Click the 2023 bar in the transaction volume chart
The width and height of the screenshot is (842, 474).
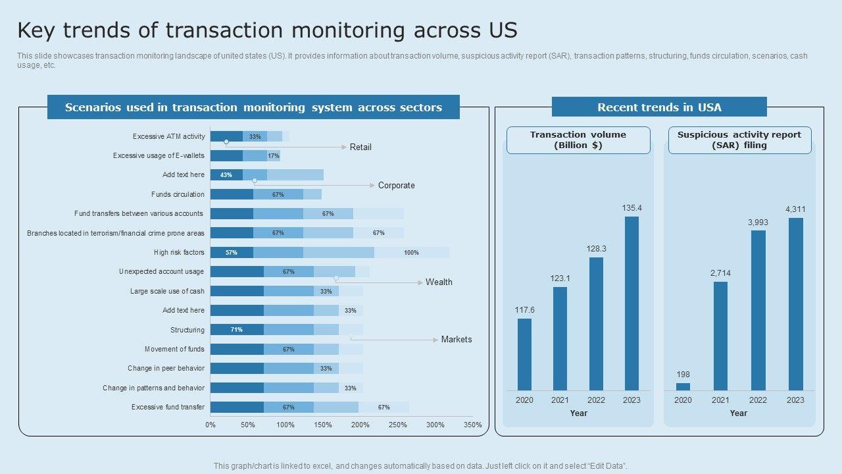tap(631, 303)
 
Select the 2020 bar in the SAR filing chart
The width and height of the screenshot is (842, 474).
tap(683, 386)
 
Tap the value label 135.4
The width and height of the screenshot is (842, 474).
tap(631, 208)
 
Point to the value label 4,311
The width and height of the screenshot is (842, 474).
tap(795, 209)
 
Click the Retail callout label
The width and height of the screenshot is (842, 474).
tap(360, 147)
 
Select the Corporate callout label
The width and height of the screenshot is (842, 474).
tap(396, 186)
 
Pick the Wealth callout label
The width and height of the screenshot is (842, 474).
tap(439, 282)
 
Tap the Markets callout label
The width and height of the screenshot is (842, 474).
tap(457, 340)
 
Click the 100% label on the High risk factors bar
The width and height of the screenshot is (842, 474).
tap(411, 253)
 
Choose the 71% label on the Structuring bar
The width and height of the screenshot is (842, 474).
tap(236, 330)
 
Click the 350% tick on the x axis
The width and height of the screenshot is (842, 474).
tap(472, 425)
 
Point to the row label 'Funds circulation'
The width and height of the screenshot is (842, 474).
tap(178, 195)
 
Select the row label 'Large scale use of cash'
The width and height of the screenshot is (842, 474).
tap(167, 291)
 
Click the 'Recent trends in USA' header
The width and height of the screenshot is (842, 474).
tap(659, 107)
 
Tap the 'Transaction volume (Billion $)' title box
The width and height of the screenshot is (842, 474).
tap(578, 140)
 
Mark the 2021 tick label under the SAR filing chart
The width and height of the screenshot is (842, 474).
tap(720, 400)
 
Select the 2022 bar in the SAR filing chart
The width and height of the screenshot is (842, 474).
tap(758, 310)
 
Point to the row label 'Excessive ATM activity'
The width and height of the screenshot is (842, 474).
tap(169, 137)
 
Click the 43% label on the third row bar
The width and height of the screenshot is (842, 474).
tap(226, 175)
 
